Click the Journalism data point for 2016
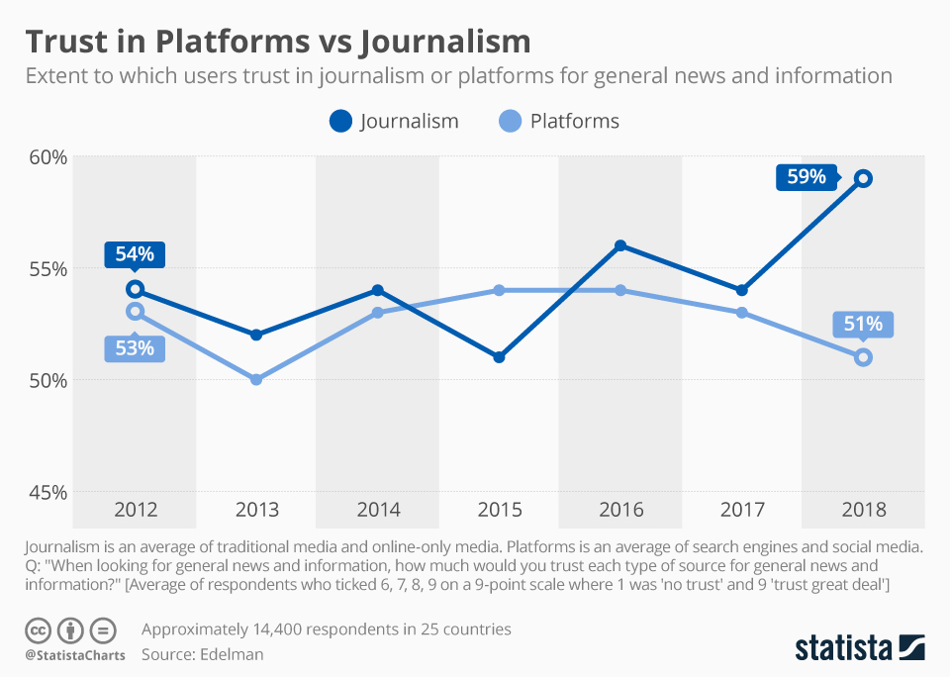[x=620, y=245]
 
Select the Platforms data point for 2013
[x=256, y=379]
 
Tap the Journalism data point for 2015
[x=499, y=356]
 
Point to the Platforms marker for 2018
[x=863, y=356]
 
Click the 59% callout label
[x=807, y=177]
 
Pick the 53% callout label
[x=135, y=348]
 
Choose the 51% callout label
[x=863, y=324]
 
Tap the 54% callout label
[x=135, y=253]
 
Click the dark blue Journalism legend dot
[x=341, y=122]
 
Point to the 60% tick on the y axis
[x=46, y=156]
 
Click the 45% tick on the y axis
[x=46, y=491]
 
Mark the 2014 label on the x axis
[x=378, y=511]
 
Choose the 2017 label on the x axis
[x=742, y=511]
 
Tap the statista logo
[x=859, y=647]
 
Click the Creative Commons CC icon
[x=39, y=629]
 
